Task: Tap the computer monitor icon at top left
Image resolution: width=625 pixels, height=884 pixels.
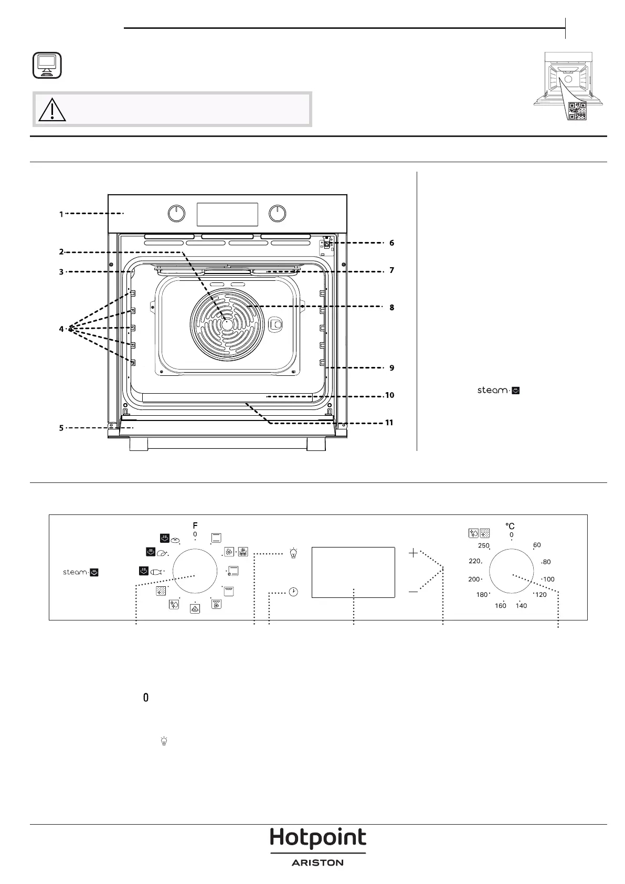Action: click(47, 65)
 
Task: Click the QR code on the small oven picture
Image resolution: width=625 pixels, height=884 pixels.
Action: click(578, 111)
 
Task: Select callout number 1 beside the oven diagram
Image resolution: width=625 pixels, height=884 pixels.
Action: click(61, 214)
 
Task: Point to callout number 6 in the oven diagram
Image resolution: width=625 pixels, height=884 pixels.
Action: click(391, 243)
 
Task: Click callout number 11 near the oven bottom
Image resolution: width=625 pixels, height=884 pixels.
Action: click(389, 423)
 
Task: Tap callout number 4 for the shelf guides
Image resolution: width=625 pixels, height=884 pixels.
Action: click(61, 329)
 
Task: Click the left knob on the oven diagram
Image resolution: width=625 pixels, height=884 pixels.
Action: click(176, 214)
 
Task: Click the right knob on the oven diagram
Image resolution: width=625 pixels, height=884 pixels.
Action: click(278, 214)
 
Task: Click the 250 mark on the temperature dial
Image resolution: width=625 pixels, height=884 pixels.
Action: click(484, 545)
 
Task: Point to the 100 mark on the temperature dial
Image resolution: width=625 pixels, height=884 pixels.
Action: click(549, 580)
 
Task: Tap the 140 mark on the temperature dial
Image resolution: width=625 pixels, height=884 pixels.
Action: click(521, 605)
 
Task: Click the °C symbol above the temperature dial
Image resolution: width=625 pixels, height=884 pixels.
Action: click(510, 526)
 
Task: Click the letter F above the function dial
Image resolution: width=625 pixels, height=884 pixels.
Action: click(195, 525)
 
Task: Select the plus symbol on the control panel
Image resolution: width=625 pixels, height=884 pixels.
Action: click(413, 553)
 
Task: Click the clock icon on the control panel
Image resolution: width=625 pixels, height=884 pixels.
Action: click(293, 592)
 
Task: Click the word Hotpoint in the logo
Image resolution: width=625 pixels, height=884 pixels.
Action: click(318, 837)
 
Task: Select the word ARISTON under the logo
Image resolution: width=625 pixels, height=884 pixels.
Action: click(317, 862)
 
